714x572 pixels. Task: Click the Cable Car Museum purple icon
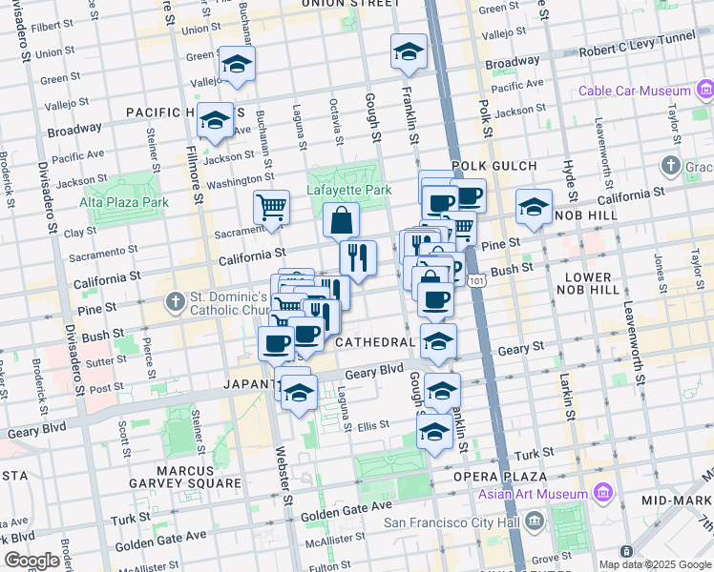704,92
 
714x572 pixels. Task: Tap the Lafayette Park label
348,190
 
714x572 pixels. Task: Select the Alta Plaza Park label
124,202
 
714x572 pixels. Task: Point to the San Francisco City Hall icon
534,521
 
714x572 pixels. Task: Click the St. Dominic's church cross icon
174,303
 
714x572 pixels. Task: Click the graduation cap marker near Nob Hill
534,206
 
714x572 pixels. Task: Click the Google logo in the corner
32,561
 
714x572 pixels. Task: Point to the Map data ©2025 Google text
654,564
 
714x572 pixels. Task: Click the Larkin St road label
567,398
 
